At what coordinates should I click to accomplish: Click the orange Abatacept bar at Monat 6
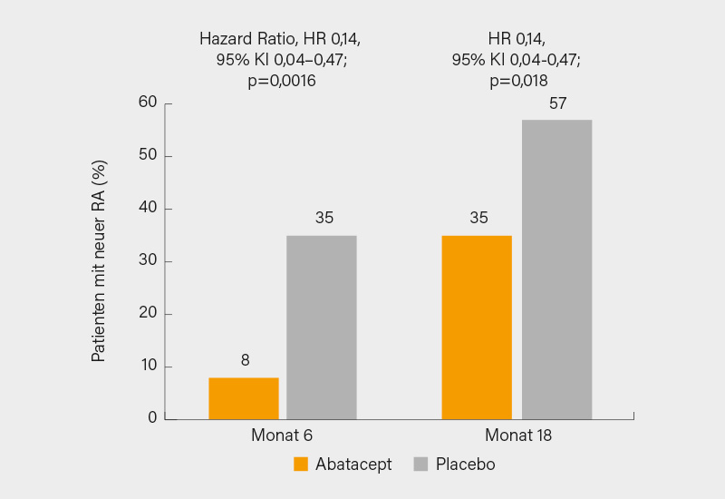click(x=244, y=398)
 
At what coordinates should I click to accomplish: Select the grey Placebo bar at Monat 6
click(x=322, y=327)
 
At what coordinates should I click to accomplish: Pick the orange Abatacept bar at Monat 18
click(x=477, y=327)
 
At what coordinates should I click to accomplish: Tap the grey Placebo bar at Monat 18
click(x=556, y=269)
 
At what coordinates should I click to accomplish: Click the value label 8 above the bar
click(x=245, y=360)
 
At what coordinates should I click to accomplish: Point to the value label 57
click(x=557, y=103)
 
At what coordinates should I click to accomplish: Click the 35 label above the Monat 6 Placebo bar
click(x=324, y=218)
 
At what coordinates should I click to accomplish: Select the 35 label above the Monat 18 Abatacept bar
click(x=478, y=218)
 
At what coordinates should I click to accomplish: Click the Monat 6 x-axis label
click(x=282, y=435)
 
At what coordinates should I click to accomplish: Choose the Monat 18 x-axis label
click(x=517, y=435)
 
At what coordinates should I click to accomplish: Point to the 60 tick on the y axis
click(x=148, y=103)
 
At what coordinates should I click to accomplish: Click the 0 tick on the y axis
click(x=152, y=418)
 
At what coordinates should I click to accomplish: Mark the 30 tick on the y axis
click(x=148, y=261)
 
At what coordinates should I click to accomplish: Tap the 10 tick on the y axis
click(x=148, y=366)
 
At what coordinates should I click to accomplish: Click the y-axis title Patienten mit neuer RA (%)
click(x=100, y=261)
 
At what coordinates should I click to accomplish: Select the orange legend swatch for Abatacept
click(x=302, y=465)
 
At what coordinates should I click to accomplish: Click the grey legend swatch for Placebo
click(x=420, y=465)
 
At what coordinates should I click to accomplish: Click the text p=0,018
click(x=517, y=81)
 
